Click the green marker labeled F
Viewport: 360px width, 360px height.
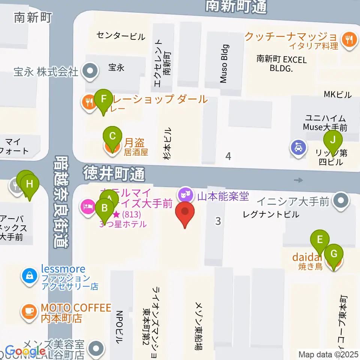104,100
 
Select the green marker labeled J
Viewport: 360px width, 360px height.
333,140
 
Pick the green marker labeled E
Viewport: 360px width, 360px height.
320,240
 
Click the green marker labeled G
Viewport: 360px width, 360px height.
333,254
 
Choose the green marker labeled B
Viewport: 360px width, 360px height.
105,208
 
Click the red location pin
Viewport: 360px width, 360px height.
185,212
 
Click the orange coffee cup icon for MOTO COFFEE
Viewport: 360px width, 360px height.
29,310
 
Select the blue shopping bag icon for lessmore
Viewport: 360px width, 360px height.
29,276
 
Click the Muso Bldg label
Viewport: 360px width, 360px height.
224,64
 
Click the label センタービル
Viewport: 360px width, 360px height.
120,36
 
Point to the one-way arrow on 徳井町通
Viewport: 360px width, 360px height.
298,180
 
